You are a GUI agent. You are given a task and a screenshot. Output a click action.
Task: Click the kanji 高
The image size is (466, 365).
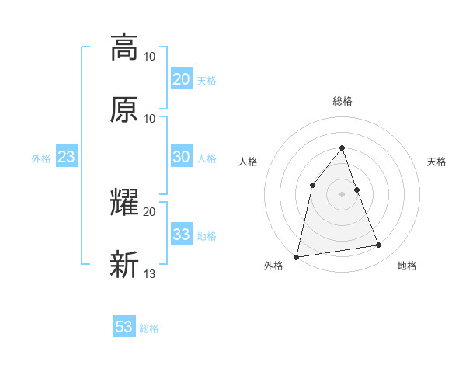point(124,47)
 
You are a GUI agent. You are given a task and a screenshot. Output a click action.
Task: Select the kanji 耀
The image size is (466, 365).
point(124,203)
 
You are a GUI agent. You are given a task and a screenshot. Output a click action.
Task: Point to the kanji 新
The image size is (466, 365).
point(124,265)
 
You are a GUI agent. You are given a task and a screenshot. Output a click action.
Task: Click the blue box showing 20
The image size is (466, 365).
point(181,79)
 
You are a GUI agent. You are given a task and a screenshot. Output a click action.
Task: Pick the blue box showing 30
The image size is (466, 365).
point(181,157)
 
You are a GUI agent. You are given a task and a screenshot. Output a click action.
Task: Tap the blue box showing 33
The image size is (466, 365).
point(181,235)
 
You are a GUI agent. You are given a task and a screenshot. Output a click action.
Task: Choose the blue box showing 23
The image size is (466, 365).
point(67,157)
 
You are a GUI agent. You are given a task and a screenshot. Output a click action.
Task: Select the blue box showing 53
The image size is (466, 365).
point(123,327)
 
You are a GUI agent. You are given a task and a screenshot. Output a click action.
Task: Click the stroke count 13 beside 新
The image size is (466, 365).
point(150,273)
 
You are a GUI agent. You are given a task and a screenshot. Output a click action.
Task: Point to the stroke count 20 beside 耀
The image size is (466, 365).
point(150,211)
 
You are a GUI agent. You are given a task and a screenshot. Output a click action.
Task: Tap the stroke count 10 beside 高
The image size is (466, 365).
point(150,56)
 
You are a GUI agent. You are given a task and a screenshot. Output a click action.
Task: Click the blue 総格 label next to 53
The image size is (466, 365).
point(149,328)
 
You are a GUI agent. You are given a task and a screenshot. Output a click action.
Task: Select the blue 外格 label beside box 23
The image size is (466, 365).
point(41,158)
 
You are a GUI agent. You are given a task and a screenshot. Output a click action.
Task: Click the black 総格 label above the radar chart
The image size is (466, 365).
point(342,101)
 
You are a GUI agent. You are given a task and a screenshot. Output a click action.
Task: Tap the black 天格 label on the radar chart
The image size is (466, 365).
point(437,162)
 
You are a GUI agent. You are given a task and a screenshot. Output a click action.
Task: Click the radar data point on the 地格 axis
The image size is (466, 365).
point(379,245)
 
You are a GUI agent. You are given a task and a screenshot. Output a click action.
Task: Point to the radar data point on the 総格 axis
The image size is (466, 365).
point(342,148)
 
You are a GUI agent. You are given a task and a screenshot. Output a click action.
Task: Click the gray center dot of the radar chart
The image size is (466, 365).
point(342,193)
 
